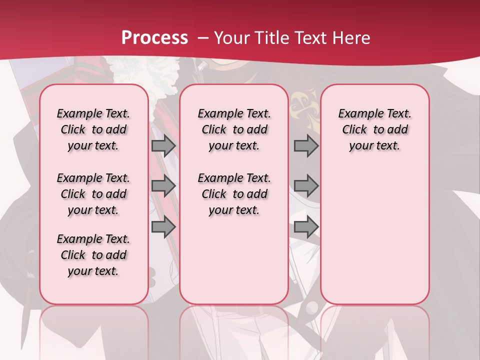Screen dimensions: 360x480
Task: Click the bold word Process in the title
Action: tap(154, 37)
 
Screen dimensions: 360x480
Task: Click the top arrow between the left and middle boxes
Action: tap(163, 146)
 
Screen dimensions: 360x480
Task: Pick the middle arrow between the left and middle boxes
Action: tap(163, 186)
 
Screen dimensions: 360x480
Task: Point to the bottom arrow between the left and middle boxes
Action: tap(163, 227)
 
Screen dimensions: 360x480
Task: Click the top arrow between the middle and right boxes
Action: tap(306, 146)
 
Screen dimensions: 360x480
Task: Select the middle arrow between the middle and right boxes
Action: tap(306, 186)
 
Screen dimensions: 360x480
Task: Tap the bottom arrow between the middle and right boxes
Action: tap(306, 227)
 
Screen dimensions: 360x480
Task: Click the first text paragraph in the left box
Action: tap(93, 129)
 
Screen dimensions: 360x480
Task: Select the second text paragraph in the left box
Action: tap(93, 194)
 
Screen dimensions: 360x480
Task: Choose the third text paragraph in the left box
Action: tap(93, 255)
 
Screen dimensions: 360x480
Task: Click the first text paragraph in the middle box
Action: tap(234, 129)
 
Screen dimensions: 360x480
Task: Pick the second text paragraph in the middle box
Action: tap(234, 194)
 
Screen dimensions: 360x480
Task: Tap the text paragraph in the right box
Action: tap(375, 129)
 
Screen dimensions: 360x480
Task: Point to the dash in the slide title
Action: tap(203, 38)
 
